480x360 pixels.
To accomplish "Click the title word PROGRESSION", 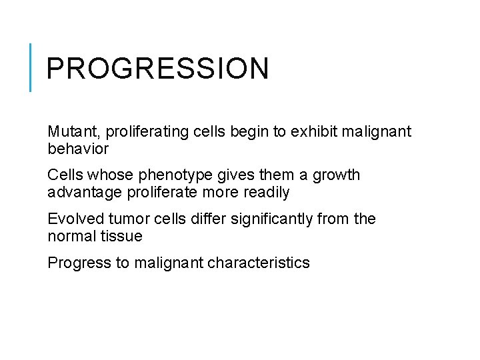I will [158, 69].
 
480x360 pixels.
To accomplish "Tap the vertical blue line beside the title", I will [31, 67].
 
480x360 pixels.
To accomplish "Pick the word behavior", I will [77, 149].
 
